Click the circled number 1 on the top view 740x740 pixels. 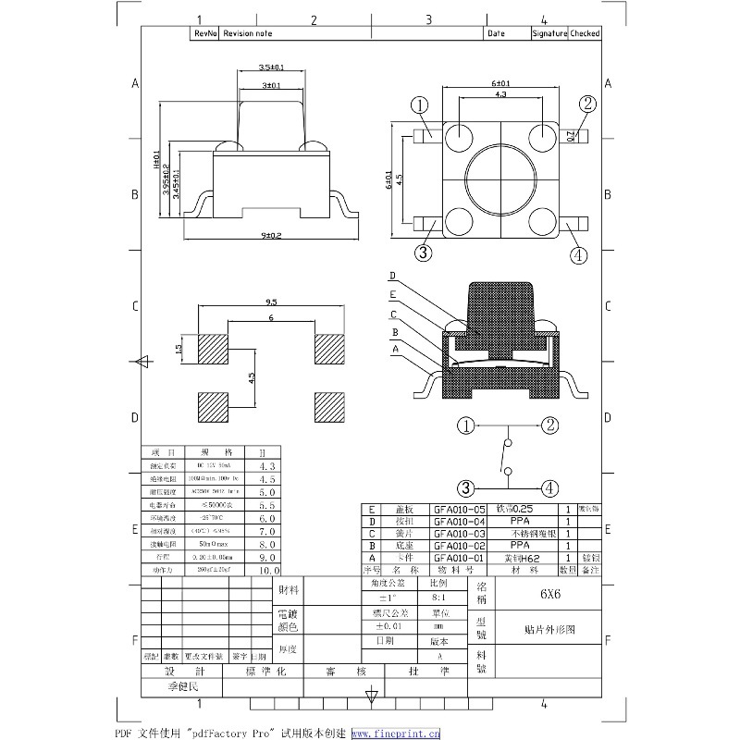pos(420,106)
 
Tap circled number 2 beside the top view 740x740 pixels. pos(586,104)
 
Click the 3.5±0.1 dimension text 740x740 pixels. pos(271,68)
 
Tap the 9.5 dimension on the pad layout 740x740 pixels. pos(271,302)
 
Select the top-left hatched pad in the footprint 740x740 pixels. pos(214,350)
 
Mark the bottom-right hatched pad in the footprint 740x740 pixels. pos(328,407)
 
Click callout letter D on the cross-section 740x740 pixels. pos(392,276)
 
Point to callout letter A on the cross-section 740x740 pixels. pos(395,350)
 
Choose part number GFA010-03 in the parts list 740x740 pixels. pos(459,534)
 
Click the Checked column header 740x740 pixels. pos(585,33)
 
